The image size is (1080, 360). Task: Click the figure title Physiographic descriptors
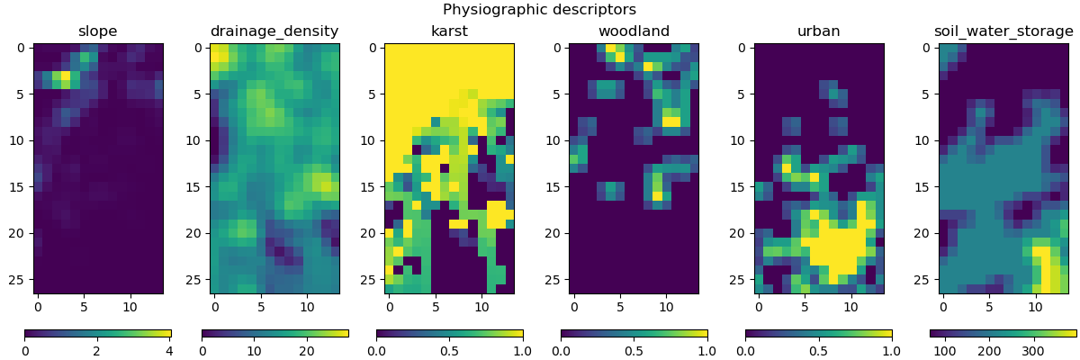click(539, 10)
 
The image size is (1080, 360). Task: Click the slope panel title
click(98, 31)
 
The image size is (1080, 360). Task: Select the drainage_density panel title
click(274, 31)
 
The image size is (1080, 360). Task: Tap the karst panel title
click(449, 31)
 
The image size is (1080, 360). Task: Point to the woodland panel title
click(634, 31)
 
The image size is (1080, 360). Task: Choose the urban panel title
click(818, 31)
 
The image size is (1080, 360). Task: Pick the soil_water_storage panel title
click(1003, 31)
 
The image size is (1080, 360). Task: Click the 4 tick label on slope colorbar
click(168, 350)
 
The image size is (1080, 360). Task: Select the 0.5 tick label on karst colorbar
click(449, 350)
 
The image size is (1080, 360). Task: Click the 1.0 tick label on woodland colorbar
click(706, 350)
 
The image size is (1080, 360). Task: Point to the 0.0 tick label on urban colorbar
click(745, 350)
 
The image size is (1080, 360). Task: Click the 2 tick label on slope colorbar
click(96, 350)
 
